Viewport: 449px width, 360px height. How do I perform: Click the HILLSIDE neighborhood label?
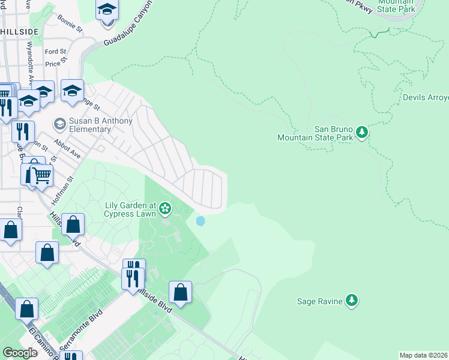click(x=19, y=31)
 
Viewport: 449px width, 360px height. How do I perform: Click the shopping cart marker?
click(x=41, y=175)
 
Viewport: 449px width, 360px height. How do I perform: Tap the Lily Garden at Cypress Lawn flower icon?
click(x=165, y=209)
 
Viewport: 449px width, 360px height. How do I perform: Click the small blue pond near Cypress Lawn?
click(x=200, y=221)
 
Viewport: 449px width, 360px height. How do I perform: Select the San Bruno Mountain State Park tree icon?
click(x=361, y=131)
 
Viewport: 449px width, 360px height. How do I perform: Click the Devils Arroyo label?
click(x=425, y=97)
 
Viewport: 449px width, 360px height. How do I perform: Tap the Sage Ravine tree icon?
click(x=352, y=301)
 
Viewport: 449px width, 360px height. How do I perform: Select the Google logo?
click(x=20, y=353)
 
